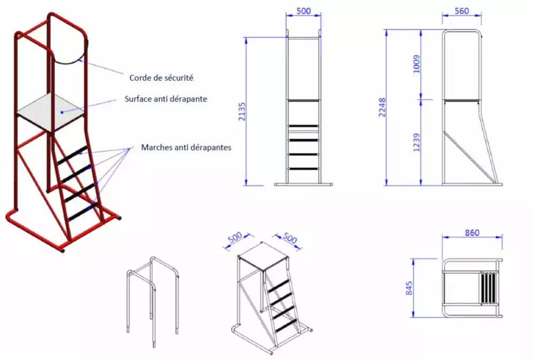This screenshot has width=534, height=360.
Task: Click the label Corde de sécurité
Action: tap(161, 78)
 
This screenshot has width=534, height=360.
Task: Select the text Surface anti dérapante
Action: tap(166, 99)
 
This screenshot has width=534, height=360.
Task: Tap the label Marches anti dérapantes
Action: tap(186, 147)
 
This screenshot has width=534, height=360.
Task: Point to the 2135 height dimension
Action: tap(242, 111)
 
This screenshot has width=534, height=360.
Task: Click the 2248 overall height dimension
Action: tap(382, 107)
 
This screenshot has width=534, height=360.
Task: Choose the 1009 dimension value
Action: tap(416, 64)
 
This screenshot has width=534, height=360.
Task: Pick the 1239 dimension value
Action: tap(416, 143)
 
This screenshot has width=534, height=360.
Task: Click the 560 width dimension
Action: tap(462, 11)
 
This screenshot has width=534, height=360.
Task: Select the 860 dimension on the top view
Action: tap(472, 233)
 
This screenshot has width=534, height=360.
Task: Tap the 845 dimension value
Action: tap(409, 288)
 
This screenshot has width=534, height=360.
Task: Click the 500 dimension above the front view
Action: tap(303, 11)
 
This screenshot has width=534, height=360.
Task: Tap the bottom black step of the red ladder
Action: tap(83, 211)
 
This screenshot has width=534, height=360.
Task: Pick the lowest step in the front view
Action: tap(303, 169)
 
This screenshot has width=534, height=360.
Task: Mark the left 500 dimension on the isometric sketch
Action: tap(235, 237)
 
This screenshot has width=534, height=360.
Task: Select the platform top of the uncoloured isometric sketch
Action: tap(264, 256)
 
